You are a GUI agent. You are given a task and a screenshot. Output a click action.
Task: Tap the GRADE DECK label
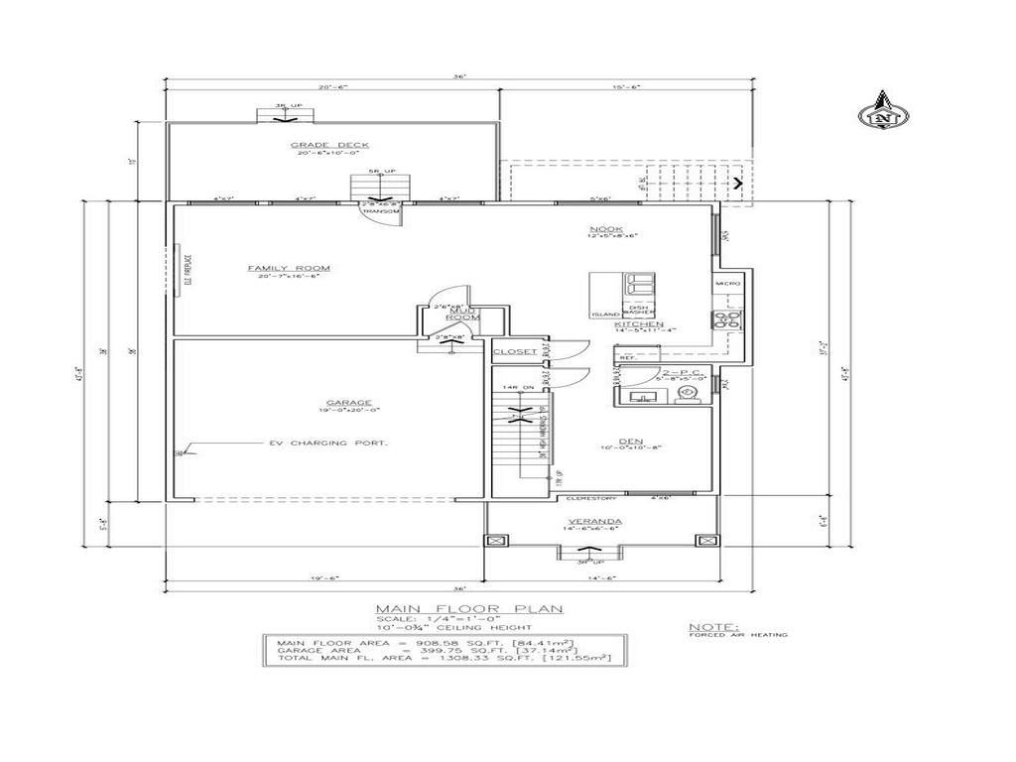[x=316, y=145]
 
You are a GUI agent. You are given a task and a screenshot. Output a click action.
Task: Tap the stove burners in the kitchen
[x=727, y=319]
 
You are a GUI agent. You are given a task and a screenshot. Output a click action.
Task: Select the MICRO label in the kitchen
[x=727, y=285]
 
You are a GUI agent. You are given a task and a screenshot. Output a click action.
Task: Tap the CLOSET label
[x=514, y=352]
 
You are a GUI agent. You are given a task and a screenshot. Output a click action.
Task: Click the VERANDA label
[x=595, y=522]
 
